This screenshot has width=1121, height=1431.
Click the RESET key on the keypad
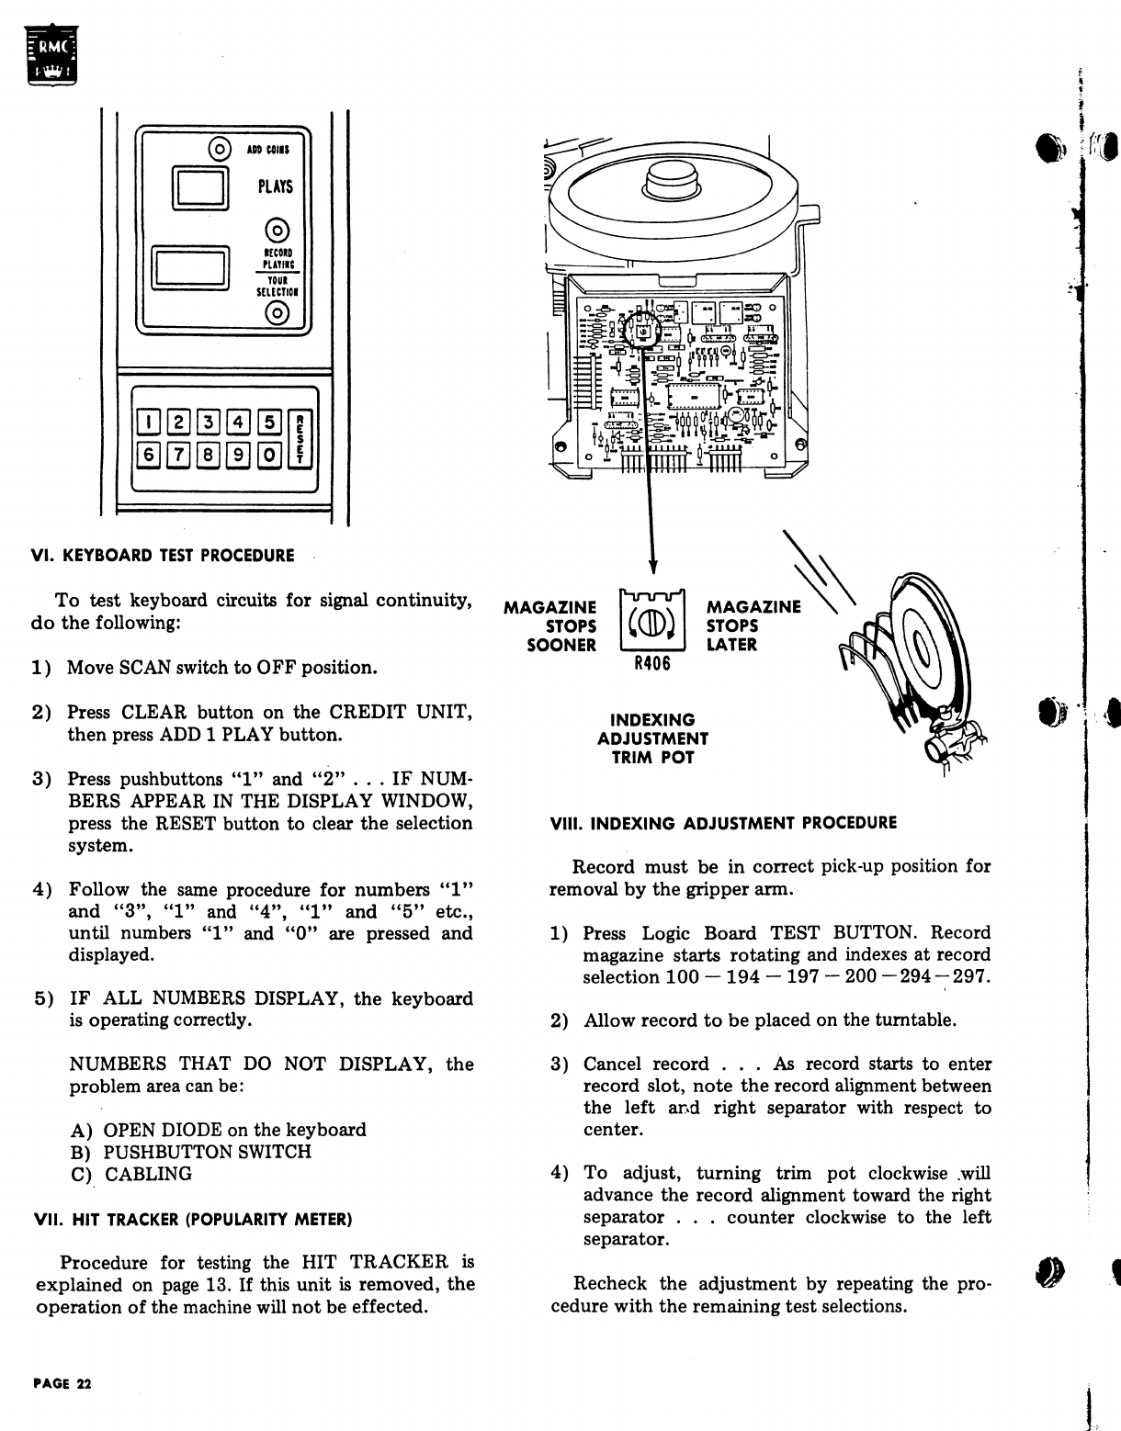(x=300, y=437)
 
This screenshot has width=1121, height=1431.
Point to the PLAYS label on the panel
(x=275, y=186)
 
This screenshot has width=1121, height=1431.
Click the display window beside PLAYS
(x=201, y=187)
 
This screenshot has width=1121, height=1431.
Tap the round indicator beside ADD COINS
(x=220, y=148)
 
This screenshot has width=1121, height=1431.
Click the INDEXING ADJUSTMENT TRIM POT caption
(x=652, y=738)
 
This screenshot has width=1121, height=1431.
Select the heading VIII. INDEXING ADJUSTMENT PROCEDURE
(x=722, y=823)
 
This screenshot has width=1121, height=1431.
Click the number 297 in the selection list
(x=972, y=977)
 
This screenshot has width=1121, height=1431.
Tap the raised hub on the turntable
(x=674, y=185)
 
